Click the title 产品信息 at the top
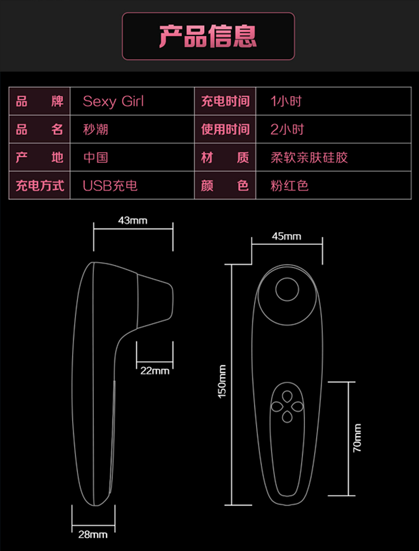208,36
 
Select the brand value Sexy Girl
113,101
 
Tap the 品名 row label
39,129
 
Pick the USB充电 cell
110,186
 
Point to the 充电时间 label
225,101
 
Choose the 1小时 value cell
286,101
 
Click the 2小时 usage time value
287,129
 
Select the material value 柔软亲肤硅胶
309,157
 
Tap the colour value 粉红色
289,186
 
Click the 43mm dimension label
133,220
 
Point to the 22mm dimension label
155,371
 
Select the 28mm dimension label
93,534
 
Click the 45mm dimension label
286,236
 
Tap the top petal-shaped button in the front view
286,397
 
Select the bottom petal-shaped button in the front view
286,417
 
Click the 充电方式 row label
39,186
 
